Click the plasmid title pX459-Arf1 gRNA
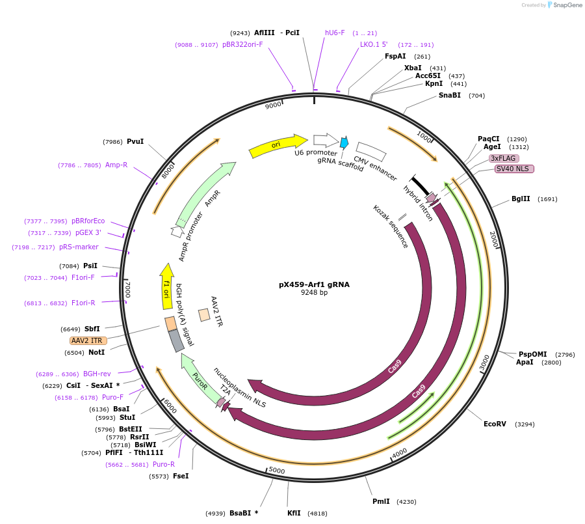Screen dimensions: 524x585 314,284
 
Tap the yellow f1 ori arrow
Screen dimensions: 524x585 166,286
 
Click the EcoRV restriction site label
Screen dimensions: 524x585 495,424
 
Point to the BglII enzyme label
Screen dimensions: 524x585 521,199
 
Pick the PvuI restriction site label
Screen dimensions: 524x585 135,141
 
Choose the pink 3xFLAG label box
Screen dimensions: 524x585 504,158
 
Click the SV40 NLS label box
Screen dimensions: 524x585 514,169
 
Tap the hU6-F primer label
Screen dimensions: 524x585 335,33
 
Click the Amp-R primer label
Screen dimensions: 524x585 116,165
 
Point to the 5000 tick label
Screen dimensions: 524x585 277,470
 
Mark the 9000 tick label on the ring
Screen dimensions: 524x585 274,105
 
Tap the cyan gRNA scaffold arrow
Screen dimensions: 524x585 344,143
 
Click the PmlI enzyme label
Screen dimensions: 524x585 381,501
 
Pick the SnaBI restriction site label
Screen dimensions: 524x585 449,95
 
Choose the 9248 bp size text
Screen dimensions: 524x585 314,293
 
